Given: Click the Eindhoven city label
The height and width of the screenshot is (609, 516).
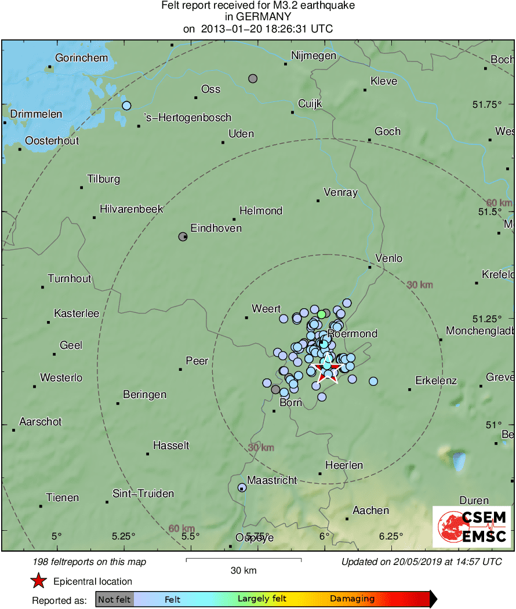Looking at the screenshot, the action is (x=216, y=228).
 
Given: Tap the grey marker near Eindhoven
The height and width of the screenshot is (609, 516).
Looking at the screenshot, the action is (x=183, y=236).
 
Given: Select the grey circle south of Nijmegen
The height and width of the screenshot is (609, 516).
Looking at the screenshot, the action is (x=253, y=78).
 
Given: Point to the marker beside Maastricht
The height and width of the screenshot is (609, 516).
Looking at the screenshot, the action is (x=242, y=487).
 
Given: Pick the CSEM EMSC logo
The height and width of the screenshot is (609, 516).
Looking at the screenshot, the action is (x=472, y=526).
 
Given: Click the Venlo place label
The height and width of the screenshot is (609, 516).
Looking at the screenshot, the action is (x=388, y=258).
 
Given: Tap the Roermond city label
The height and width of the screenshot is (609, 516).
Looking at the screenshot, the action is (x=353, y=333).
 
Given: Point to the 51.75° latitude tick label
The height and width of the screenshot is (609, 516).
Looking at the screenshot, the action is (x=486, y=105).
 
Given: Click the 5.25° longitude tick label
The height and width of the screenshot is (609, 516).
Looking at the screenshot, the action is (x=123, y=536).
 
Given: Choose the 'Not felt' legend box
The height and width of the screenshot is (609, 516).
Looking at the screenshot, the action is (x=114, y=599).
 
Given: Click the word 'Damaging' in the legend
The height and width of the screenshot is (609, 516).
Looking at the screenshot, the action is (x=352, y=599).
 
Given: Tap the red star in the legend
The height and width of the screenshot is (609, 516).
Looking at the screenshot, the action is (x=38, y=581).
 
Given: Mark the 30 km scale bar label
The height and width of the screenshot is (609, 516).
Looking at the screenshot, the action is (x=243, y=571).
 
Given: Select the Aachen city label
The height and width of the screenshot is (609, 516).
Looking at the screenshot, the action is (x=370, y=510).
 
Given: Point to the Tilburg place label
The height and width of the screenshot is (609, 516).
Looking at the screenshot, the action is (x=103, y=178).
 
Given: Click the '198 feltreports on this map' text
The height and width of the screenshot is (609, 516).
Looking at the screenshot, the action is (x=90, y=561).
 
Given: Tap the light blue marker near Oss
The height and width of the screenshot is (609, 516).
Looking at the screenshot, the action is (x=126, y=105).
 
